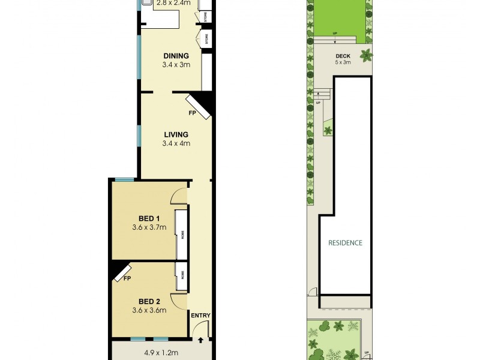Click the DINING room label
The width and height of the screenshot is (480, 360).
(176, 56)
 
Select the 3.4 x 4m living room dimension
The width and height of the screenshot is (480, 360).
(176, 143)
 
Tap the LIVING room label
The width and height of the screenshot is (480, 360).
(176, 134)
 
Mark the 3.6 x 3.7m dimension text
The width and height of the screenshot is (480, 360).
(149, 227)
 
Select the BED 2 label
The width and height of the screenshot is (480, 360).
(149, 301)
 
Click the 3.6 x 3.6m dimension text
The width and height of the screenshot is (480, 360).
(149, 310)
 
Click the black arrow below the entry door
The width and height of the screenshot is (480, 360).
(201, 340)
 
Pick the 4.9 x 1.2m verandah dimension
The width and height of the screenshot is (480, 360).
(161, 353)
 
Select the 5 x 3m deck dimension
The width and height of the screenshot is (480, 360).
(343, 62)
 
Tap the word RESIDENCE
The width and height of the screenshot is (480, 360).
(345, 243)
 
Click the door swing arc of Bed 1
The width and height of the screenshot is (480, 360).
(179, 196)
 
